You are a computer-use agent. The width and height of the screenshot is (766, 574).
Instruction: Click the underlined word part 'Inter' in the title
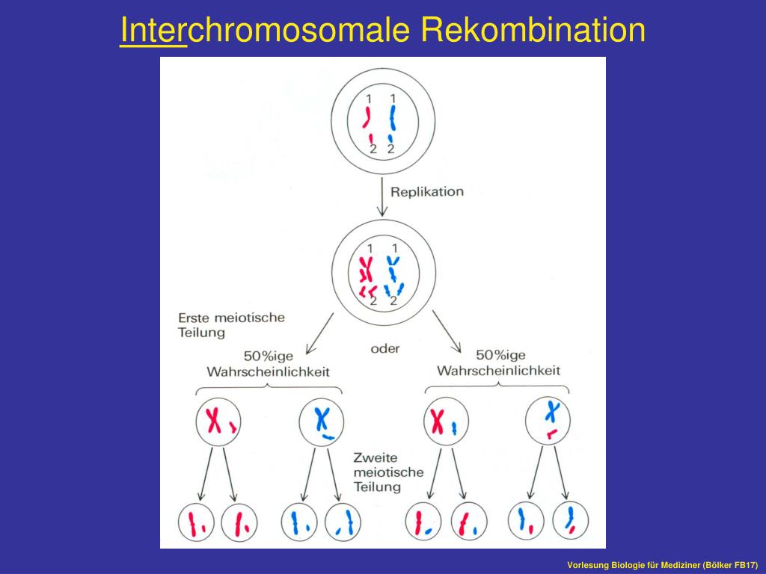pyautogui.click(x=153, y=31)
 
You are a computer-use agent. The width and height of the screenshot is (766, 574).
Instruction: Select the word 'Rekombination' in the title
pyautogui.click(x=533, y=31)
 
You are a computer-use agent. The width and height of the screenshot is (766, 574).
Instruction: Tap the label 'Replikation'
pyautogui.click(x=426, y=191)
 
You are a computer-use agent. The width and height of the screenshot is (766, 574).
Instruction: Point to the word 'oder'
pyautogui.click(x=385, y=348)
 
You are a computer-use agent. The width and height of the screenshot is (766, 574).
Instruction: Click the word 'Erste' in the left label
pyautogui.click(x=194, y=318)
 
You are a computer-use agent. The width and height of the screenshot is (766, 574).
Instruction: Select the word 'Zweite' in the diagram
pyautogui.click(x=377, y=457)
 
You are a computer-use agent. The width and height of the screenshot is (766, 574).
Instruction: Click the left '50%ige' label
pyautogui.click(x=269, y=356)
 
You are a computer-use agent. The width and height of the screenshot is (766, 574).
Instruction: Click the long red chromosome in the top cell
pyautogui.click(x=367, y=118)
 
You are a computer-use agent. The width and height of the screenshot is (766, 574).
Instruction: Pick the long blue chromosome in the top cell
pyautogui.click(x=393, y=118)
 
